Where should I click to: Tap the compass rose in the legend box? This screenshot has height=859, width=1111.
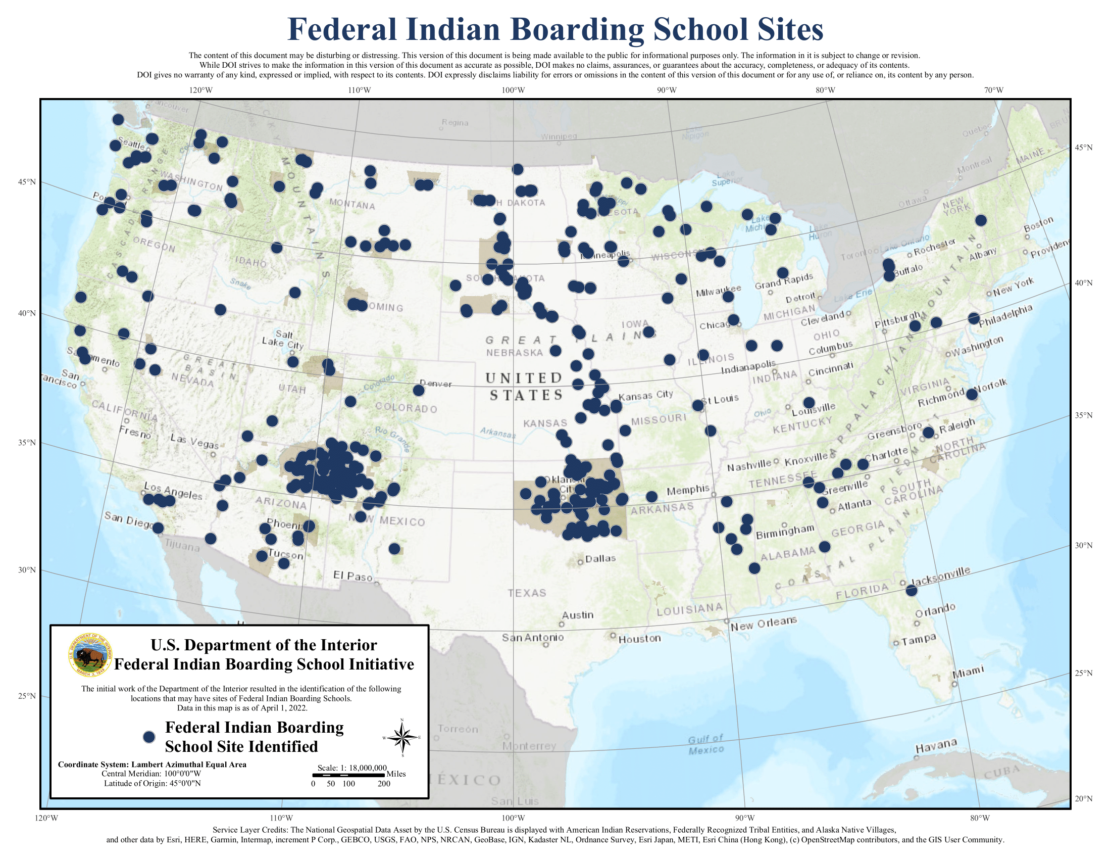[x=402, y=737]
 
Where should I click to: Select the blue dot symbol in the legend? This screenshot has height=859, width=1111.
[x=148, y=737]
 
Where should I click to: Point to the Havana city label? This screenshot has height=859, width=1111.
[x=936, y=746]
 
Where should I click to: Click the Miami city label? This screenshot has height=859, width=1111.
[x=968, y=672]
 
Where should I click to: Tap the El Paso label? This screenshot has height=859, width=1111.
[x=352, y=576]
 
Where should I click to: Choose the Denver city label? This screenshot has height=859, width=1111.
[x=435, y=384]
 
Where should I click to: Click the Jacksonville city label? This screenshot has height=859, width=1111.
[x=940, y=577]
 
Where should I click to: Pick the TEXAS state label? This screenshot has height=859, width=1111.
[x=527, y=593]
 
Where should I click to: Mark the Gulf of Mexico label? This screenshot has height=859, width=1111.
[x=705, y=744]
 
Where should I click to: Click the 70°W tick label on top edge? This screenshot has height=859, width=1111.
[x=993, y=90]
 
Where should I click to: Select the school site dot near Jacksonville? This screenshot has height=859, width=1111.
[x=911, y=590]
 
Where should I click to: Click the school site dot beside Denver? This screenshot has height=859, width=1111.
[x=419, y=390]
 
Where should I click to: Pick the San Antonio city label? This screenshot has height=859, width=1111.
[x=533, y=637]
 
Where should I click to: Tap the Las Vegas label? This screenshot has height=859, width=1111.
[x=194, y=441]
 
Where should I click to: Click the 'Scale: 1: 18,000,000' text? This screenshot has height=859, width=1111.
[x=352, y=768]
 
